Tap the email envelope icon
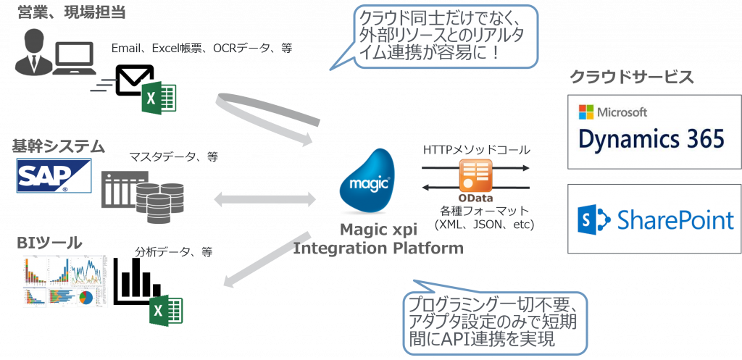tap(133, 81)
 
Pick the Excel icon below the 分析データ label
tap(166, 311)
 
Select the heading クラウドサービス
tap(631, 78)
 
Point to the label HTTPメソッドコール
tap(477, 150)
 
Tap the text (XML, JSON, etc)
tap(484, 225)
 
